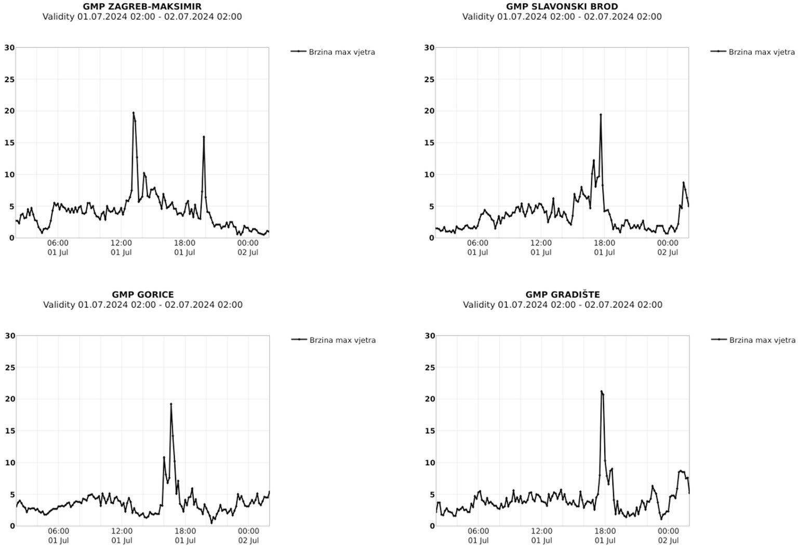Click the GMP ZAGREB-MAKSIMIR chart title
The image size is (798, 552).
coord(142,7)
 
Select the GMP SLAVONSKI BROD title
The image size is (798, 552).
coord(562,7)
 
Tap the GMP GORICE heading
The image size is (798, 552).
coord(143,295)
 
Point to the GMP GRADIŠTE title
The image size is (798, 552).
coord(563,295)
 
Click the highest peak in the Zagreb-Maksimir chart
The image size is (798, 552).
coord(134,113)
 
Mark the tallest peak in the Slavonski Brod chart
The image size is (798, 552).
coord(601,114)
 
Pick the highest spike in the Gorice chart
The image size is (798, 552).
coord(171,404)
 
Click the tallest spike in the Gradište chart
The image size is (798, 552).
coord(601,391)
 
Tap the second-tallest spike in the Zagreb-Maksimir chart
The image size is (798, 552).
coord(204,137)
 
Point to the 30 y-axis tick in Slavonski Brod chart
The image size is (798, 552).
coord(429,48)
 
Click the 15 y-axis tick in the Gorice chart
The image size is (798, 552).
coord(10,431)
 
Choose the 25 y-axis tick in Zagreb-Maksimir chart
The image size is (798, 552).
coord(9,80)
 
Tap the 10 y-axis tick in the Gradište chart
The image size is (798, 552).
coord(430,463)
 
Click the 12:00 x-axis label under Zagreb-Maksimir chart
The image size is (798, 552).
coord(121,243)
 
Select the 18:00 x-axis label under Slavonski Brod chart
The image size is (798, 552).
coord(604,243)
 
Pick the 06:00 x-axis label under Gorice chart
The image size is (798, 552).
coord(58,531)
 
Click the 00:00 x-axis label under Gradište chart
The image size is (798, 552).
coord(668,531)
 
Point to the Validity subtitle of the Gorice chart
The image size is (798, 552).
coord(143,305)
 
